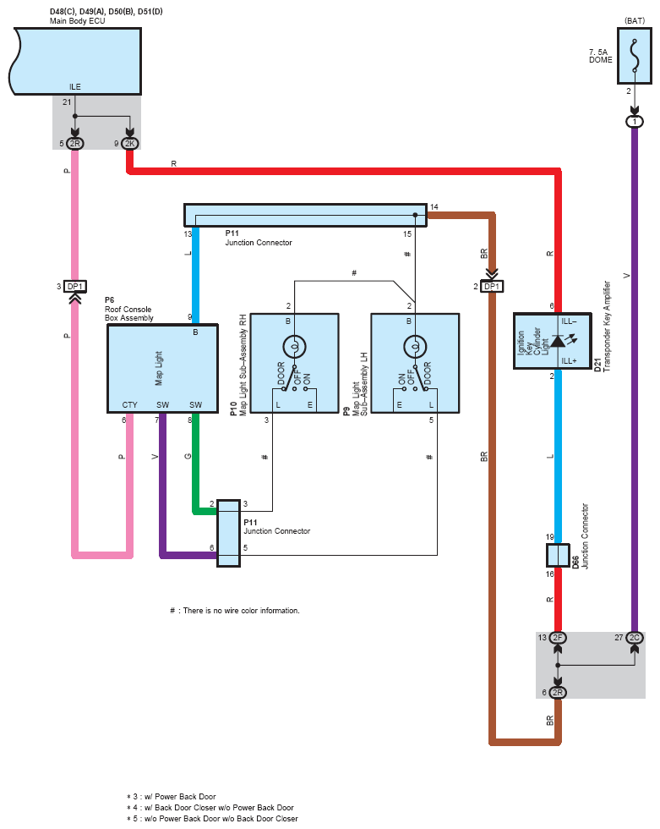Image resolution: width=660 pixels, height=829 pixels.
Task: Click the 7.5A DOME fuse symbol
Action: [x=634, y=56]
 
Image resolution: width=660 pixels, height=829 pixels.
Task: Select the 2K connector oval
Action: [x=130, y=143]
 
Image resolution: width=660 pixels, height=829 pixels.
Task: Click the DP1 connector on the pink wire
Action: [x=75, y=287]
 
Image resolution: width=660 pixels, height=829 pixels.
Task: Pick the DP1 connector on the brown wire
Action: [x=492, y=287]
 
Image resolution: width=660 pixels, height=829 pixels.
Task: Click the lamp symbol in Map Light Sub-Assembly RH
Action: [x=294, y=347]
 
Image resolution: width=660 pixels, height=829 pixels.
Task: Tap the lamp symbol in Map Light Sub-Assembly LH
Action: [x=415, y=347]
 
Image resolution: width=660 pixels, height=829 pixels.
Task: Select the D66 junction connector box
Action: [x=558, y=556]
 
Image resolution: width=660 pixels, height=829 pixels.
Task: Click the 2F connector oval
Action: [x=558, y=638]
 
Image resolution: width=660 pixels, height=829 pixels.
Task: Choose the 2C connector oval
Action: [x=635, y=638]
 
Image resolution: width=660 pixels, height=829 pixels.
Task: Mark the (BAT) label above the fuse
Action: [x=634, y=20]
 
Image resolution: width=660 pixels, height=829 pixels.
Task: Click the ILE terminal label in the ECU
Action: [x=75, y=86]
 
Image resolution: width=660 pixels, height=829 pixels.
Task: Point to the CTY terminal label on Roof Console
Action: [x=129, y=404]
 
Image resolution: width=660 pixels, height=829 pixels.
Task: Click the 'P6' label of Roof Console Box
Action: [x=109, y=300]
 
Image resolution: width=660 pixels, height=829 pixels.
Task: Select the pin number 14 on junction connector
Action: [x=434, y=206]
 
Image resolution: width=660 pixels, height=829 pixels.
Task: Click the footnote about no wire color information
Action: [x=234, y=611]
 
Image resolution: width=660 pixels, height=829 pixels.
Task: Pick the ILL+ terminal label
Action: [x=569, y=361]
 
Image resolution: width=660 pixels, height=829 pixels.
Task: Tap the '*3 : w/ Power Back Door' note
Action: [x=171, y=796]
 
